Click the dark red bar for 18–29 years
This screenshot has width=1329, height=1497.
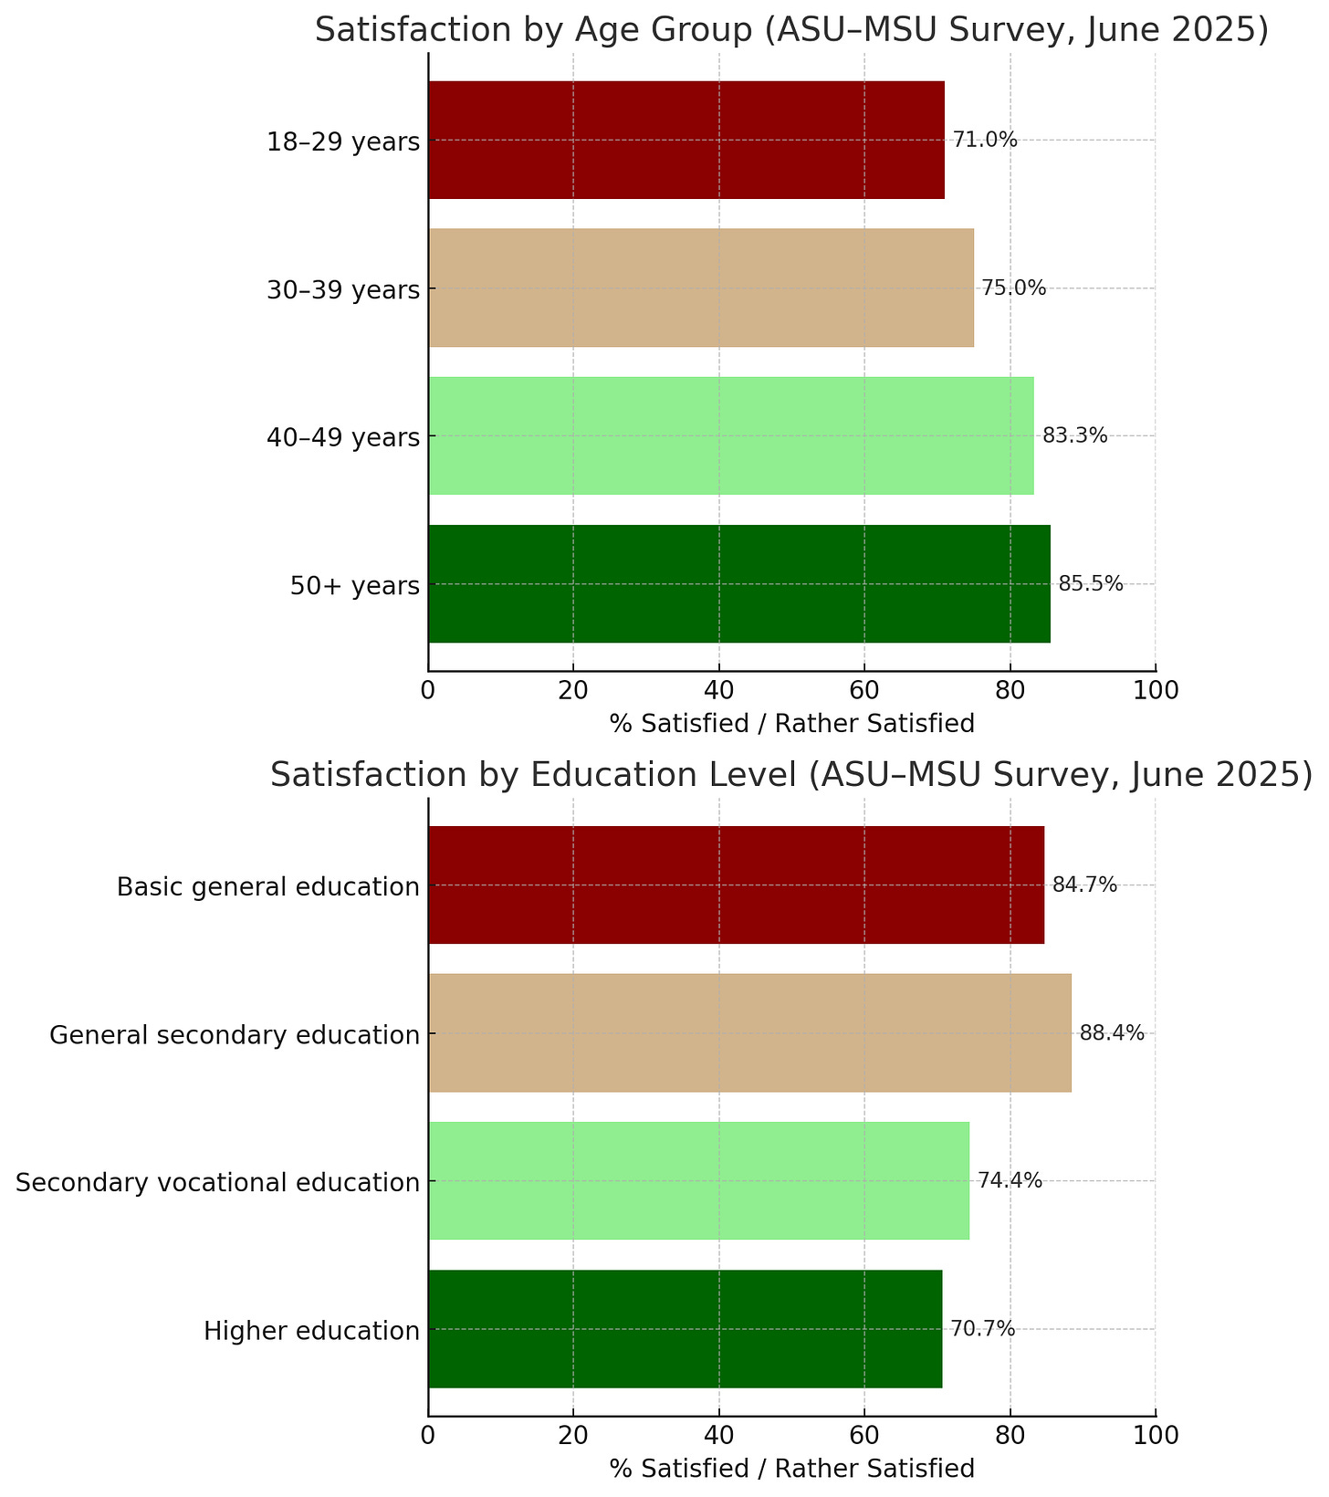(686, 140)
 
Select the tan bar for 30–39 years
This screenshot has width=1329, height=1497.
(701, 288)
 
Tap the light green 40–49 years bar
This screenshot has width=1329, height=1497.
(731, 435)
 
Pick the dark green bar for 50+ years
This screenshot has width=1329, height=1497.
(739, 583)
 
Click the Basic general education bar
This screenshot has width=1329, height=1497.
(736, 885)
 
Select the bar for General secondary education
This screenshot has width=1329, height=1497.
(749, 1032)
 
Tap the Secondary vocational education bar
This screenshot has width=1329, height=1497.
(698, 1180)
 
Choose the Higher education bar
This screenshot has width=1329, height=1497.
(685, 1328)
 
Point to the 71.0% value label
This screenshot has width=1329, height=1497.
(984, 140)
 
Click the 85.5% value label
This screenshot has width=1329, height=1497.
(1090, 584)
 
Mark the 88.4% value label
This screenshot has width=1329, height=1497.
(1111, 1033)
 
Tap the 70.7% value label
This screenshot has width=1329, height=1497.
(982, 1329)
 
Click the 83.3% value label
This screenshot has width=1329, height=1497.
(1074, 436)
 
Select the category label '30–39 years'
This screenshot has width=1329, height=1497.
(343, 290)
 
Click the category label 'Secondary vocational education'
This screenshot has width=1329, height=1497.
(217, 1182)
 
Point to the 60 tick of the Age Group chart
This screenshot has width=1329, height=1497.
(863, 689)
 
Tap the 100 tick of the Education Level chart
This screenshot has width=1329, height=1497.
(1155, 1434)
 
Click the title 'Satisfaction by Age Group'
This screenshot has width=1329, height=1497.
(791, 30)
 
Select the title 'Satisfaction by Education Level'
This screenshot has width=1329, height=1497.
(790, 775)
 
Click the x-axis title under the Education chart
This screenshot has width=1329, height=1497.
(791, 1469)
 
